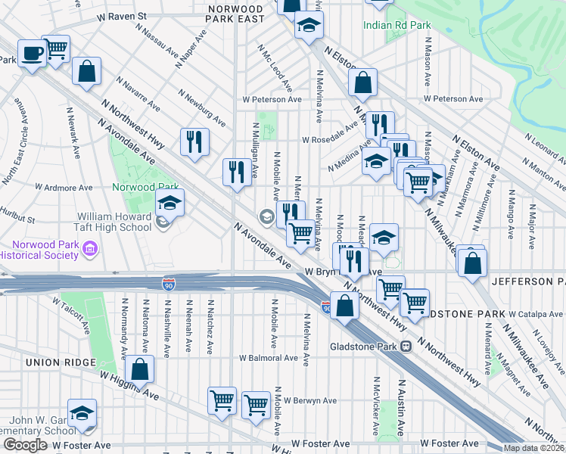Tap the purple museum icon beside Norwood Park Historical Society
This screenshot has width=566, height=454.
[x=90, y=248]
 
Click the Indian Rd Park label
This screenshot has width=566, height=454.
[x=397, y=25]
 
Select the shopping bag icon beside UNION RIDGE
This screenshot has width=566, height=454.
[x=139, y=370]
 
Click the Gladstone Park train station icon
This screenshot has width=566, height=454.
[x=406, y=347]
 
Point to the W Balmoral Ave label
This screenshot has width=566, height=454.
[x=269, y=358]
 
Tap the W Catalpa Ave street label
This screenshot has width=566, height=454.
[x=536, y=313]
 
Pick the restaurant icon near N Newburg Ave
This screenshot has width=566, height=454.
[x=194, y=141]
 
